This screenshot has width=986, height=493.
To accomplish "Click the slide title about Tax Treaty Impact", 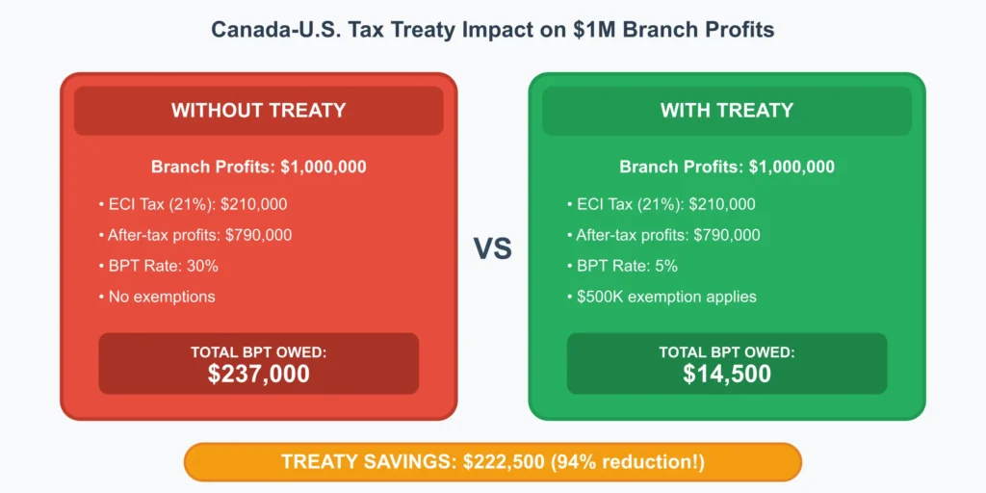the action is [x=492, y=30].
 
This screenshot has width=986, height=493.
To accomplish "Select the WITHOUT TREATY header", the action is [x=258, y=111].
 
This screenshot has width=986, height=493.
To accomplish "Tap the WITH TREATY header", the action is [x=727, y=111].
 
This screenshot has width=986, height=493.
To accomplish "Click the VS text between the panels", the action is [x=492, y=249].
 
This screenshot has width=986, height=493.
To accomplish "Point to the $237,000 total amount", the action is [x=258, y=374].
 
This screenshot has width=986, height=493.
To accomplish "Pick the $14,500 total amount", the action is [x=727, y=374].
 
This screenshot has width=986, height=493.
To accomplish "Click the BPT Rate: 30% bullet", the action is [x=159, y=266].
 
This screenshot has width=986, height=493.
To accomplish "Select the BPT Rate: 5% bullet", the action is [x=623, y=266].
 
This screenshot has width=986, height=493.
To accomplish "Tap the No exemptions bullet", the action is [x=157, y=297].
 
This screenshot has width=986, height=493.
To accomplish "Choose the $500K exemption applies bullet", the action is [x=662, y=297].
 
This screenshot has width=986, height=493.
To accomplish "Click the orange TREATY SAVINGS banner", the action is [x=492, y=462].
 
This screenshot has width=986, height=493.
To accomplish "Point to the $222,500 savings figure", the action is [x=504, y=462].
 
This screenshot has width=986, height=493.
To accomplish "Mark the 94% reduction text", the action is [x=628, y=462].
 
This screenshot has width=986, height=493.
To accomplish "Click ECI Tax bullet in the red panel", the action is [x=193, y=204].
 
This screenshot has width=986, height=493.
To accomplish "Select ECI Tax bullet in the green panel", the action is [x=662, y=204].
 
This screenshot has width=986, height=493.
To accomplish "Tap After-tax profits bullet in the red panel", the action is [x=195, y=235].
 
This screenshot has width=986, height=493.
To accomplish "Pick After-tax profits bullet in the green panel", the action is [x=663, y=235].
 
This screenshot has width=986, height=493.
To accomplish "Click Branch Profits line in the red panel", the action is [x=258, y=168].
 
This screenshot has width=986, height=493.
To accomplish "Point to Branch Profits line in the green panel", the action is [x=727, y=168].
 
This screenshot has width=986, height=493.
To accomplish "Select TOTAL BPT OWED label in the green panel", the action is [x=727, y=352].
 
